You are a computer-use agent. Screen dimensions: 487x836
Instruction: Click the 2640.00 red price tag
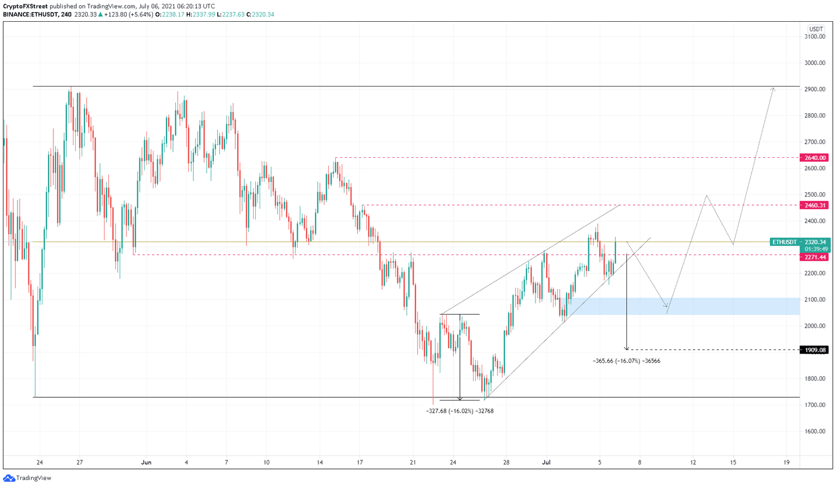pos(814,158)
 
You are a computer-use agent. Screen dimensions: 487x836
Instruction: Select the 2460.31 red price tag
pos(814,205)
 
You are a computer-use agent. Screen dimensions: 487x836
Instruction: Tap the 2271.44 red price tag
pos(814,257)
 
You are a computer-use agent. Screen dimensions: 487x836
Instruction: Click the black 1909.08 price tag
pos(814,350)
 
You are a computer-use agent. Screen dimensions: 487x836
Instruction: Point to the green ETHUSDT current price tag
pos(798,242)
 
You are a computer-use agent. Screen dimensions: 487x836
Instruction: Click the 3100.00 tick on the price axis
pos(815,37)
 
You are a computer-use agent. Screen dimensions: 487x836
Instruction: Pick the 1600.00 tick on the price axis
pos(815,431)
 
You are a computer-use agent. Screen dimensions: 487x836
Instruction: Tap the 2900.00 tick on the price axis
pos(815,89)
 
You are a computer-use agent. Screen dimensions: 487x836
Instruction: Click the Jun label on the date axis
pos(146,463)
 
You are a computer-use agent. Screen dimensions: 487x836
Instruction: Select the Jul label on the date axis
pos(546,463)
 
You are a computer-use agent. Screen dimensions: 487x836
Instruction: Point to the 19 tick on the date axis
pos(786,463)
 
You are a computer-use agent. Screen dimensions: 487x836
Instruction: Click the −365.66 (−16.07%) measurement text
pos(626,361)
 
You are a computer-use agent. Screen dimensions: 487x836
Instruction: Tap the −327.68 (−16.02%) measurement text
pos(459,411)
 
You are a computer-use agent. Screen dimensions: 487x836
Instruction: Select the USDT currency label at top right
pos(815,29)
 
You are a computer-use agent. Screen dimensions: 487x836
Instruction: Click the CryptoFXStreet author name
pos(25,7)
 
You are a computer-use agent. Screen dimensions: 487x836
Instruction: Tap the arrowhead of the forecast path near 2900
pos(773,89)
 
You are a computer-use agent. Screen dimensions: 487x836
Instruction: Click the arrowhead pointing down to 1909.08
pos(627,348)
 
